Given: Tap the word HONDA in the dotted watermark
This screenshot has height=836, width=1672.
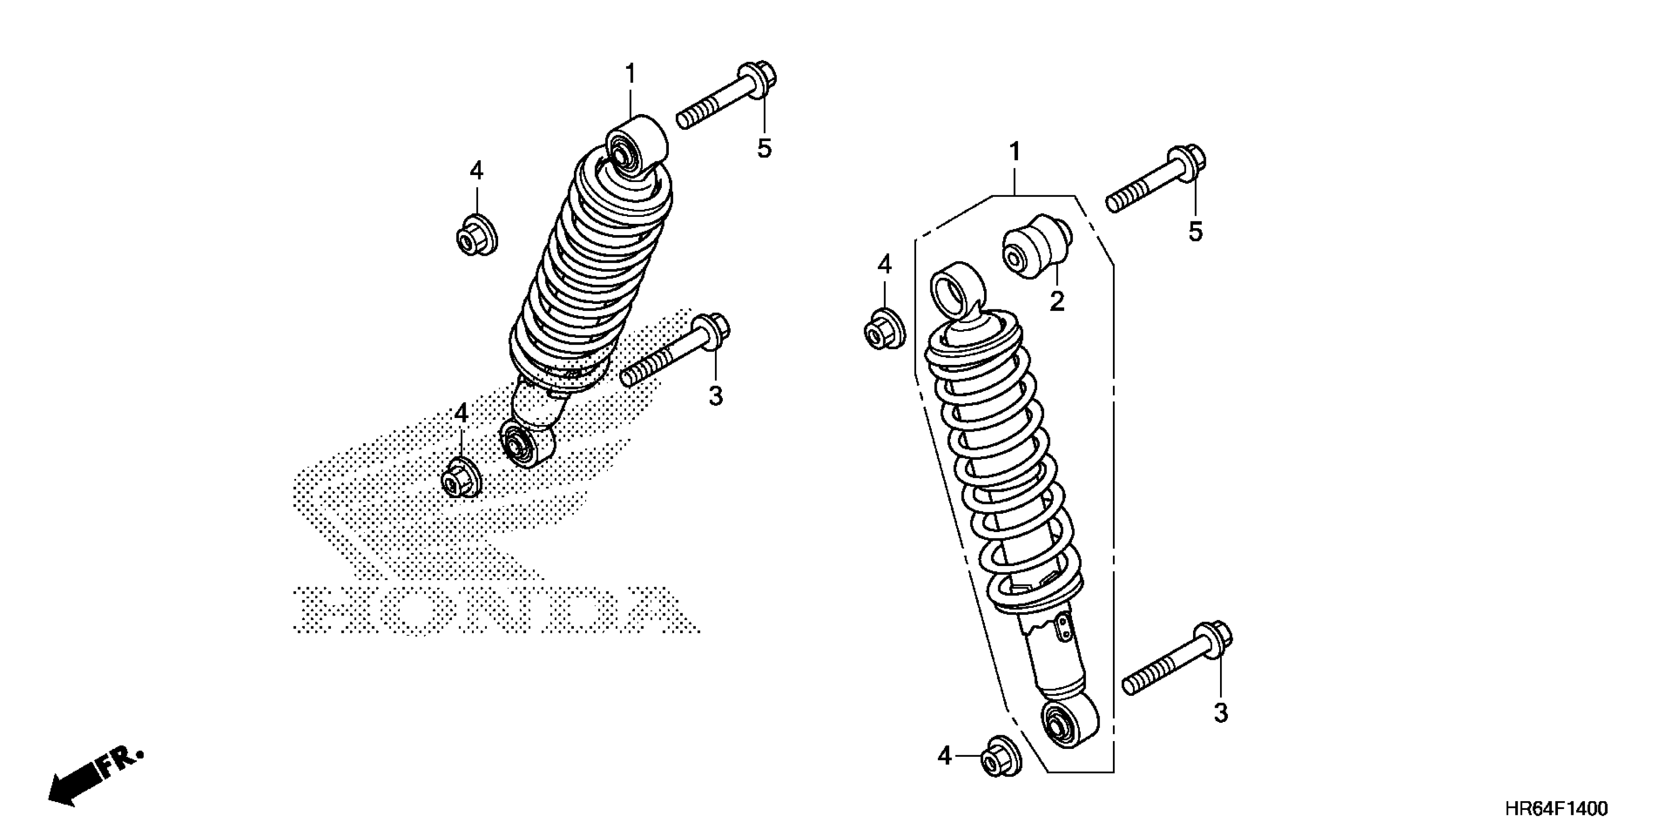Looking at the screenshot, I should coord(493,610).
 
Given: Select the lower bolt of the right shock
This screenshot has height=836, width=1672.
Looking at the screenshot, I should coord(1178,659).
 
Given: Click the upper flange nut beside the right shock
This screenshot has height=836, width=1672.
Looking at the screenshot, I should coord(884,329).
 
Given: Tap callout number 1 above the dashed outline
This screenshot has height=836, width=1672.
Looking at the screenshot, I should coord(1015,153).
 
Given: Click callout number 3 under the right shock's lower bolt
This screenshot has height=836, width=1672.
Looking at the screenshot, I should coord(1220,713).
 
